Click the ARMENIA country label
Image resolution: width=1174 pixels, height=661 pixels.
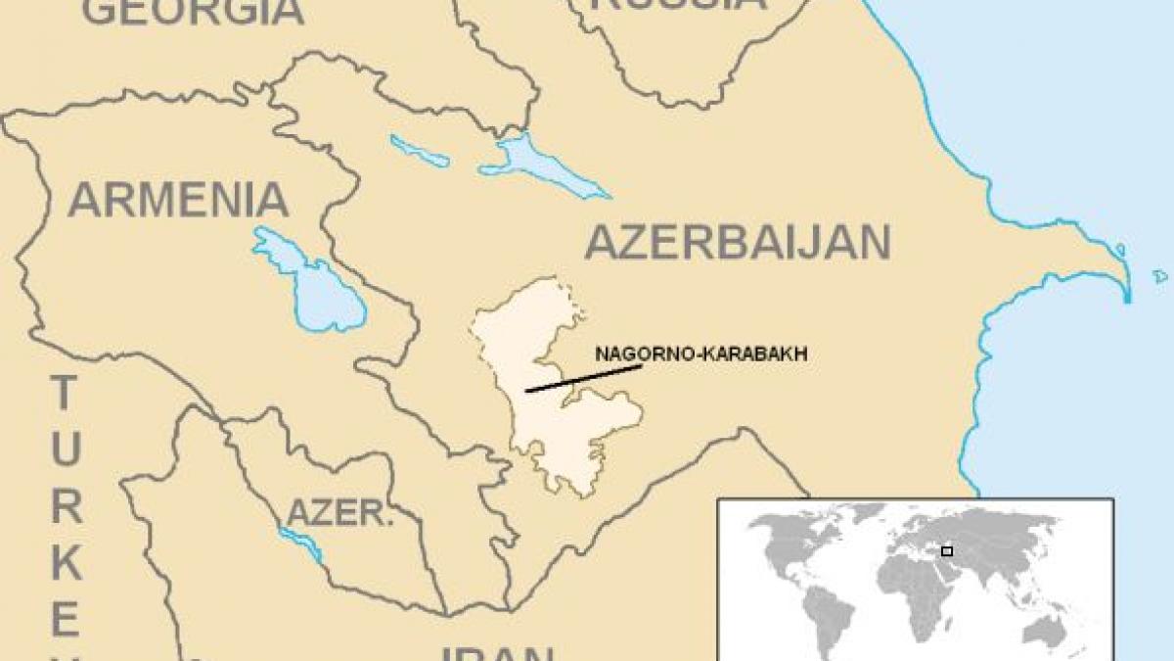pos(178,201)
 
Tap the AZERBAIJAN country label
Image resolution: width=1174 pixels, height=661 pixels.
pos(738,242)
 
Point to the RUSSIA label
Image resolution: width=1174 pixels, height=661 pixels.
pos(679,5)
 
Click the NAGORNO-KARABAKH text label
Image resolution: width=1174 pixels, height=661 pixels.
pos(700,355)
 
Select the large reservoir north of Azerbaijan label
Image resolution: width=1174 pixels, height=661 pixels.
pos(533,163)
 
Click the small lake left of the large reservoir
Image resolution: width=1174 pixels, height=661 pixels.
pos(419,151)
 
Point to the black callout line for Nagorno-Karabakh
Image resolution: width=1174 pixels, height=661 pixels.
pos(583,378)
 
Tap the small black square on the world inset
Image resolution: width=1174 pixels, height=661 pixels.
pos(946,551)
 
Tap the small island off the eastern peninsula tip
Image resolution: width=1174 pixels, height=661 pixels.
pos(1160,276)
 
